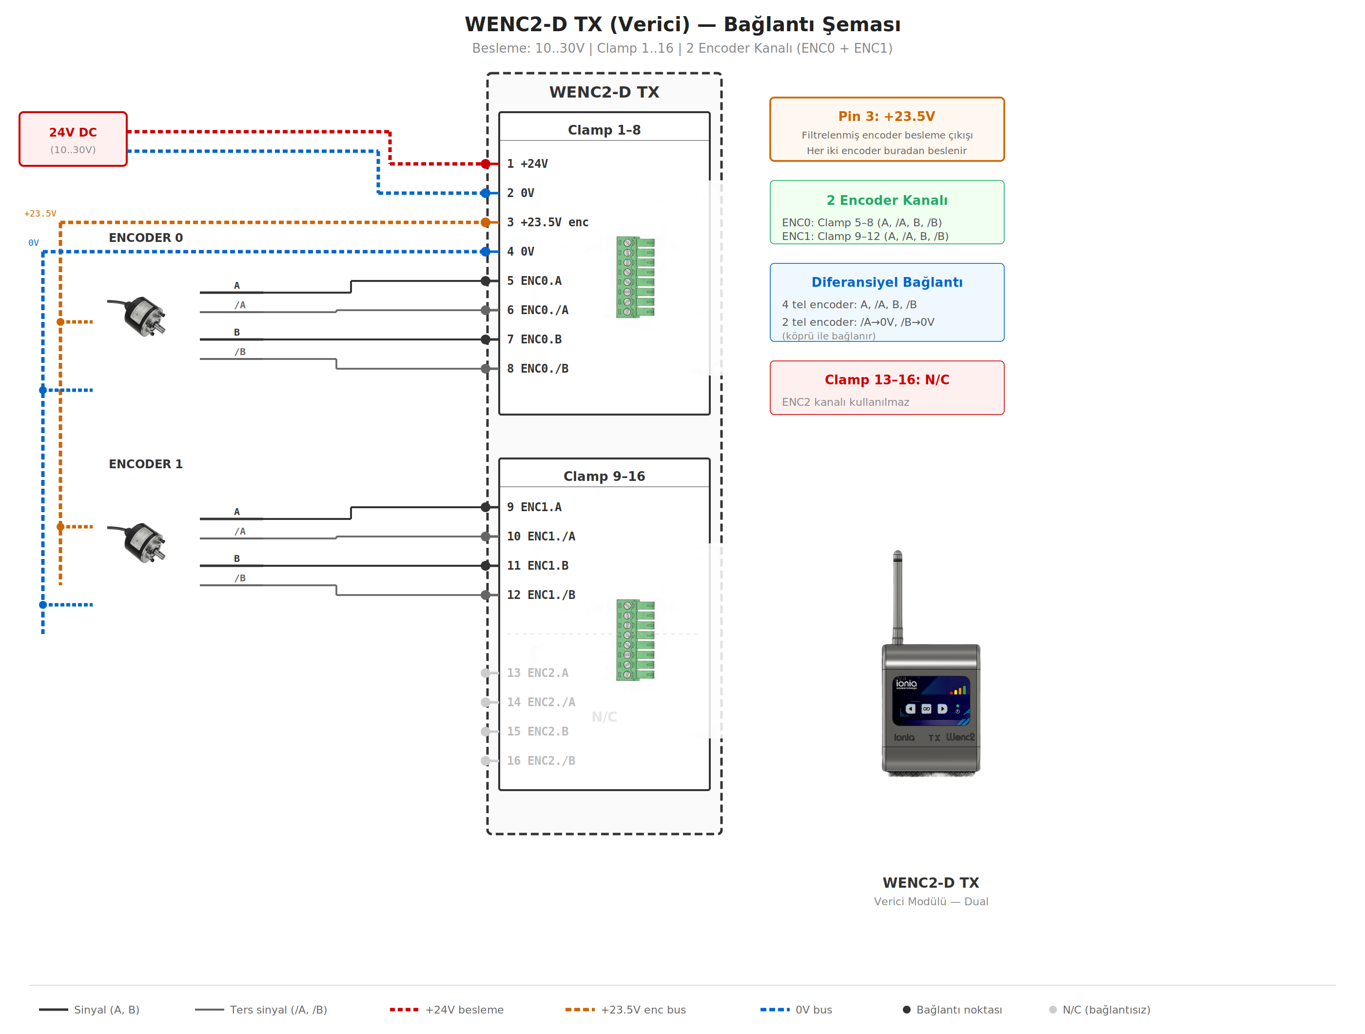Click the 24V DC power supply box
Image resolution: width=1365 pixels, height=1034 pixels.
coord(73,139)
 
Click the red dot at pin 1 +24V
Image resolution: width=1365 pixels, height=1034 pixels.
coord(486,163)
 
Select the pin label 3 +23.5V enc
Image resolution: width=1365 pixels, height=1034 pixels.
coord(547,222)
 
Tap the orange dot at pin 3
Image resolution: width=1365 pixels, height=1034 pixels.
coord(486,222)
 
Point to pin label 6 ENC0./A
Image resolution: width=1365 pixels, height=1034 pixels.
coord(538,310)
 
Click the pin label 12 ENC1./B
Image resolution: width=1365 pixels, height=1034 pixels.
coord(541,595)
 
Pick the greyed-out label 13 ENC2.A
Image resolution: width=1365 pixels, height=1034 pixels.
coord(538,673)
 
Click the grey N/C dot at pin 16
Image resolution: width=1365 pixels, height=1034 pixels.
coord(486,760)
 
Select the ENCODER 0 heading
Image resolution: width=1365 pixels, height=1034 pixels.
coord(146,238)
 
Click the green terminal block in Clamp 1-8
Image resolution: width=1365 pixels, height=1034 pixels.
coord(636,277)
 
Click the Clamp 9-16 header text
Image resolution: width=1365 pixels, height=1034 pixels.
coord(604,476)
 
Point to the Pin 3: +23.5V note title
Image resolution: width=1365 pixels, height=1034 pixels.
coord(886,116)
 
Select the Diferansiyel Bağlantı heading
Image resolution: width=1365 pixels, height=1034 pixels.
coord(886,282)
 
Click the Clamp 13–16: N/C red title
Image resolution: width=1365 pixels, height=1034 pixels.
coord(886,379)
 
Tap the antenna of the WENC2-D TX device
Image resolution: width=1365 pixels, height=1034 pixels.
coord(897,596)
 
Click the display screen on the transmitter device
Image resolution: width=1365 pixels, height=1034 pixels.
coord(931,701)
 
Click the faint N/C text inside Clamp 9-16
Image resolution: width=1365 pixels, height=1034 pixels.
coord(604,716)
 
